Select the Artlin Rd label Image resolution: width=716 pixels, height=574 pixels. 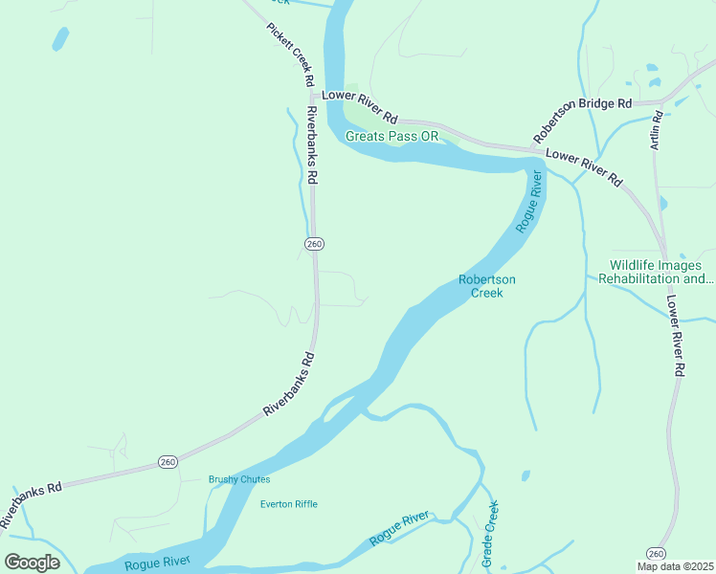point(657,130)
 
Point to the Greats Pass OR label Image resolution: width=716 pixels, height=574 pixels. point(392,136)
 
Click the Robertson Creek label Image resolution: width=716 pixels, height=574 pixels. point(486,286)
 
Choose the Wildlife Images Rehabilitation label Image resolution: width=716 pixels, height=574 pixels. point(656,272)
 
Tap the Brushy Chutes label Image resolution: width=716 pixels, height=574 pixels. point(239,479)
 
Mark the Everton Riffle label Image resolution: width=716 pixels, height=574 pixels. point(288,504)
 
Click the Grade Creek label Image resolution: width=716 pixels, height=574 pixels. point(490,534)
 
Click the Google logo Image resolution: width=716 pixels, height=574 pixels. point(32,563)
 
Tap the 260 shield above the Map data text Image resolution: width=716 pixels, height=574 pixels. point(656,553)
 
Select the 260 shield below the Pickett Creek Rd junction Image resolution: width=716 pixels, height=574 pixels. point(314,244)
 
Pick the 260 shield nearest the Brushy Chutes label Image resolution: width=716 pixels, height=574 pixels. point(168,462)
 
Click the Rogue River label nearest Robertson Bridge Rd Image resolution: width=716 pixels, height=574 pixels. point(529,202)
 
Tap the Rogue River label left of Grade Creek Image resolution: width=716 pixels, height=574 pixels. point(400,529)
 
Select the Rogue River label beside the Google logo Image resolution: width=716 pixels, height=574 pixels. point(157,563)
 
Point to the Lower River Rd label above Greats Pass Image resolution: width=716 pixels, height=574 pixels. point(360,106)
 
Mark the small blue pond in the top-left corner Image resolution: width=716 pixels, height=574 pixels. point(60,38)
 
